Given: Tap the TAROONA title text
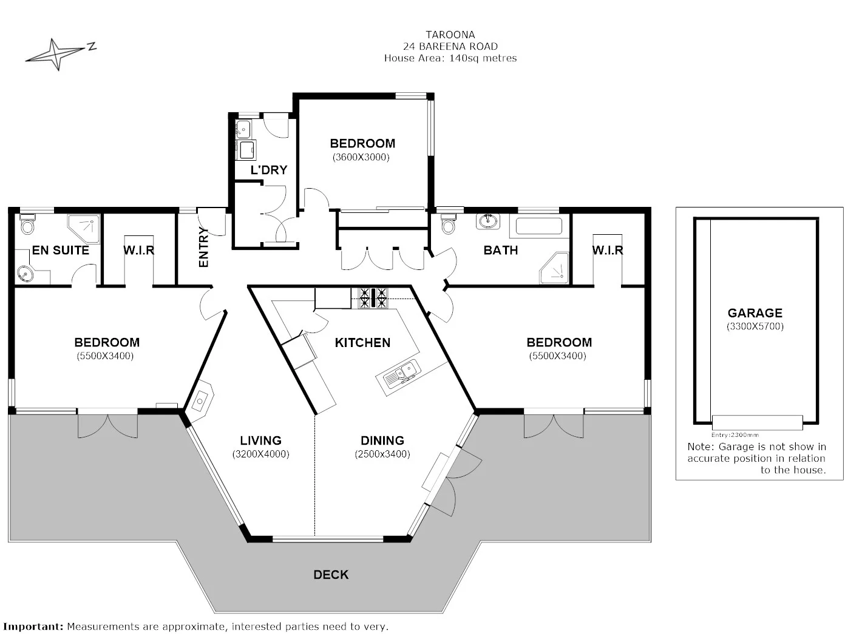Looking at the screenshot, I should click(450, 35).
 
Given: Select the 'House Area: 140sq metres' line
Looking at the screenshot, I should click(450, 58).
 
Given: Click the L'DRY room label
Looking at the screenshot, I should click(268, 170).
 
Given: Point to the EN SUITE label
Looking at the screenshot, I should click(60, 250).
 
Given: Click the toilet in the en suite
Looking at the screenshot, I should click(27, 225).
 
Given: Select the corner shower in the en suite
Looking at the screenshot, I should click(84, 228).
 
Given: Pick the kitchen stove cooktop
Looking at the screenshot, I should click(373, 297).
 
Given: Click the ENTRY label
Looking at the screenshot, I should click(203, 247).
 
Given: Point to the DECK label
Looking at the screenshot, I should click(331, 575).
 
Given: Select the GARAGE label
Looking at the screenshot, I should click(755, 313).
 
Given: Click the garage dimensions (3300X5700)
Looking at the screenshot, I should click(755, 326).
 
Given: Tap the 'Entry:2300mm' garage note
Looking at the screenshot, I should click(735, 435).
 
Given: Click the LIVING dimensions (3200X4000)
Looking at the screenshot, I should click(260, 454).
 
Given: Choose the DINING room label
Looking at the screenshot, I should click(382, 440).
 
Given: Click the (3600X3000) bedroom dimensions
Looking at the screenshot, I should click(361, 157).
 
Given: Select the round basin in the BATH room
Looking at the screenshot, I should click(487, 221).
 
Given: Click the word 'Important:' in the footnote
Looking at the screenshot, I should click(33, 626).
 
